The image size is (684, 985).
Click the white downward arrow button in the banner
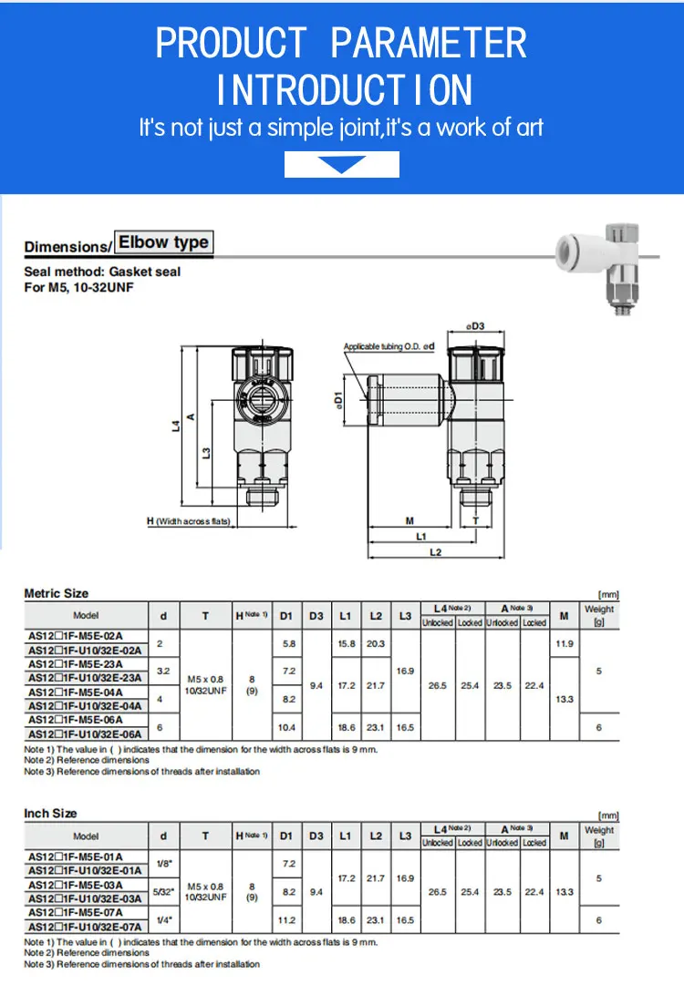click(342, 165)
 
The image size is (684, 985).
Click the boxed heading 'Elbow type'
click(163, 241)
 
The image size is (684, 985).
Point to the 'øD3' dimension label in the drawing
click(474, 325)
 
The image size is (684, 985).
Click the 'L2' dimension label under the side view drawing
click(435, 552)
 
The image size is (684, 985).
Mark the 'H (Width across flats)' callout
click(189, 521)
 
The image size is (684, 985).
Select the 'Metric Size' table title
click(57, 593)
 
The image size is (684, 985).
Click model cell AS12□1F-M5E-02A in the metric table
click(76, 636)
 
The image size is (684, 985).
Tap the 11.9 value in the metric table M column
click(564, 643)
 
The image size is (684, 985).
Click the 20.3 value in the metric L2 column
click(376, 643)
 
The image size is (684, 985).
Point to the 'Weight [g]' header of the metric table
click(599, 615)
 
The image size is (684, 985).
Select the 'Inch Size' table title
click(50, 813)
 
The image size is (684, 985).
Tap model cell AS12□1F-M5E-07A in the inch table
click(76, 912)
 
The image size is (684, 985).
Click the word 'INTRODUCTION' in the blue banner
click(345, 89)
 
